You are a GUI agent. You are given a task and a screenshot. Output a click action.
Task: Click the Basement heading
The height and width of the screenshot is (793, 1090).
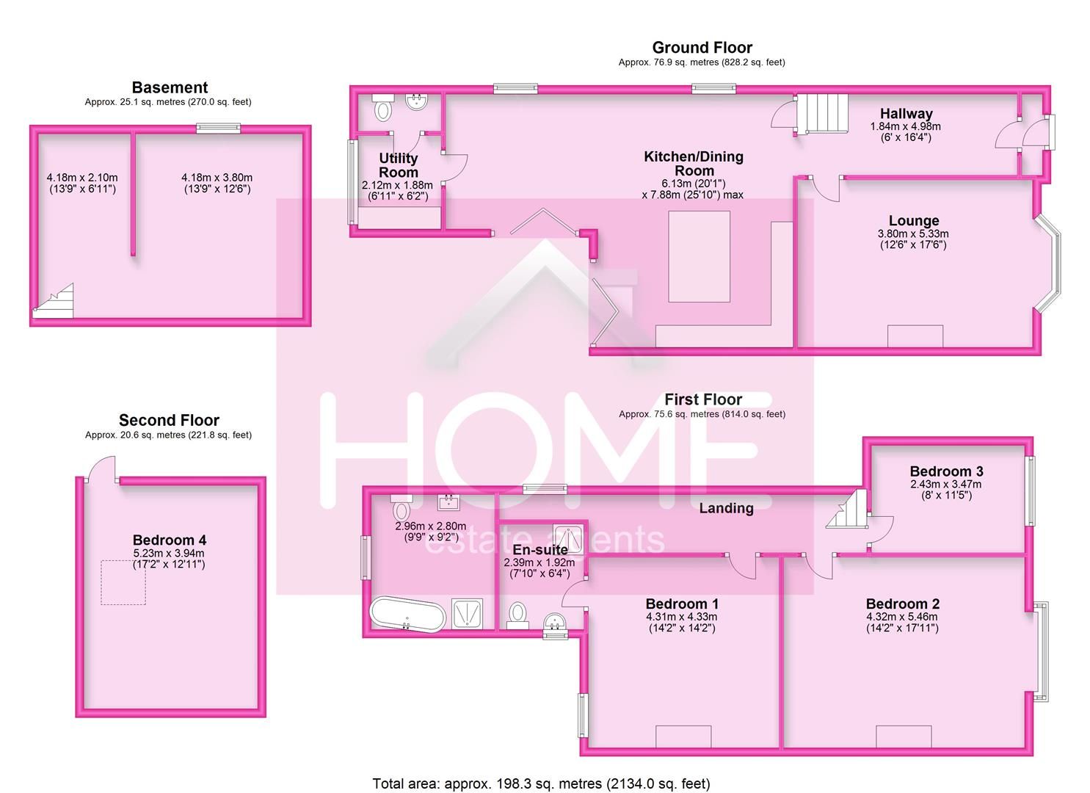[x=169, y=87]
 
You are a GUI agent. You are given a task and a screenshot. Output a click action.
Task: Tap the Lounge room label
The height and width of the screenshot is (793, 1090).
[x=913, y=220]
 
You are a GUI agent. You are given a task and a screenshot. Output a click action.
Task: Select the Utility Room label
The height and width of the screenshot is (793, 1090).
[x=398, y=164]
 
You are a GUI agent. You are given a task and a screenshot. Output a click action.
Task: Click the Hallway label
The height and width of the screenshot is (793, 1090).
[x=906, y=113]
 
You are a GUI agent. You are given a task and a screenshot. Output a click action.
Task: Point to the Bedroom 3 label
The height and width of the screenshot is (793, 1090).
[x=945, y=471]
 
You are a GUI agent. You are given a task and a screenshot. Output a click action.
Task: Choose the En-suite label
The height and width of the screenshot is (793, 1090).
[x=540, y=549]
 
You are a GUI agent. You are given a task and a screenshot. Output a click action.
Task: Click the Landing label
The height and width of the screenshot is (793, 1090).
[x=725, y=508]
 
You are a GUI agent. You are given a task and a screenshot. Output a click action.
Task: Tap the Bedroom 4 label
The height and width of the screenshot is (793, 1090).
[x=169, y=540]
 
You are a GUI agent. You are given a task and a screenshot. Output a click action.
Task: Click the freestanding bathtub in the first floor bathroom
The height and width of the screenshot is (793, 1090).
[x=407, y=614]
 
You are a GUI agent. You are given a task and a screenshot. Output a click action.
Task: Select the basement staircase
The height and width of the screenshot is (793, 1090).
[x=54, y=303]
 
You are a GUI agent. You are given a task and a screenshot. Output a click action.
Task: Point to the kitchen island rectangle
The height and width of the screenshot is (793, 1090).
[x=699, y=256]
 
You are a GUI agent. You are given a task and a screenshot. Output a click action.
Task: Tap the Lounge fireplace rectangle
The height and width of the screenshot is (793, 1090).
[x=915, y=336]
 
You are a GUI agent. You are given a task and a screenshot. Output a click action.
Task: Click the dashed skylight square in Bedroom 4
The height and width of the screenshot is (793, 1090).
[x=123, y=582]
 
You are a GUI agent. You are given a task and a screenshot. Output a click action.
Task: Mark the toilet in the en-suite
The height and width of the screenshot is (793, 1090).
[x=517, y=614]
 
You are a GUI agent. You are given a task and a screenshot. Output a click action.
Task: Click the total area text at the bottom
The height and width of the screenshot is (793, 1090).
[x=541, y=783]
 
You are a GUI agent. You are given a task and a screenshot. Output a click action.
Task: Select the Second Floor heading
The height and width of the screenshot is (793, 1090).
[x=169, y=420]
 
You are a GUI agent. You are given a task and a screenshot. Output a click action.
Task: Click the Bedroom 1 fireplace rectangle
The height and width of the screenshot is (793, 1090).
[x=683, y=736]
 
